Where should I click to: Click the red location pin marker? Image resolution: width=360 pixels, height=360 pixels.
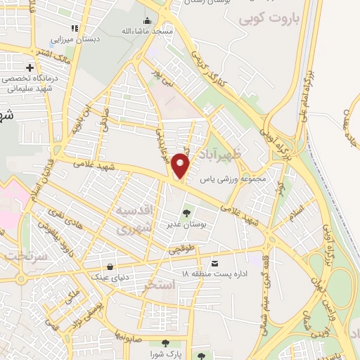click(181, 166)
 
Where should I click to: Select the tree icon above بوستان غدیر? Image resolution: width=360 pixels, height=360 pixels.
click(186, 213)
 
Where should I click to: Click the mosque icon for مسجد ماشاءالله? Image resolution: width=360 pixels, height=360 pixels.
click(147, 20)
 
